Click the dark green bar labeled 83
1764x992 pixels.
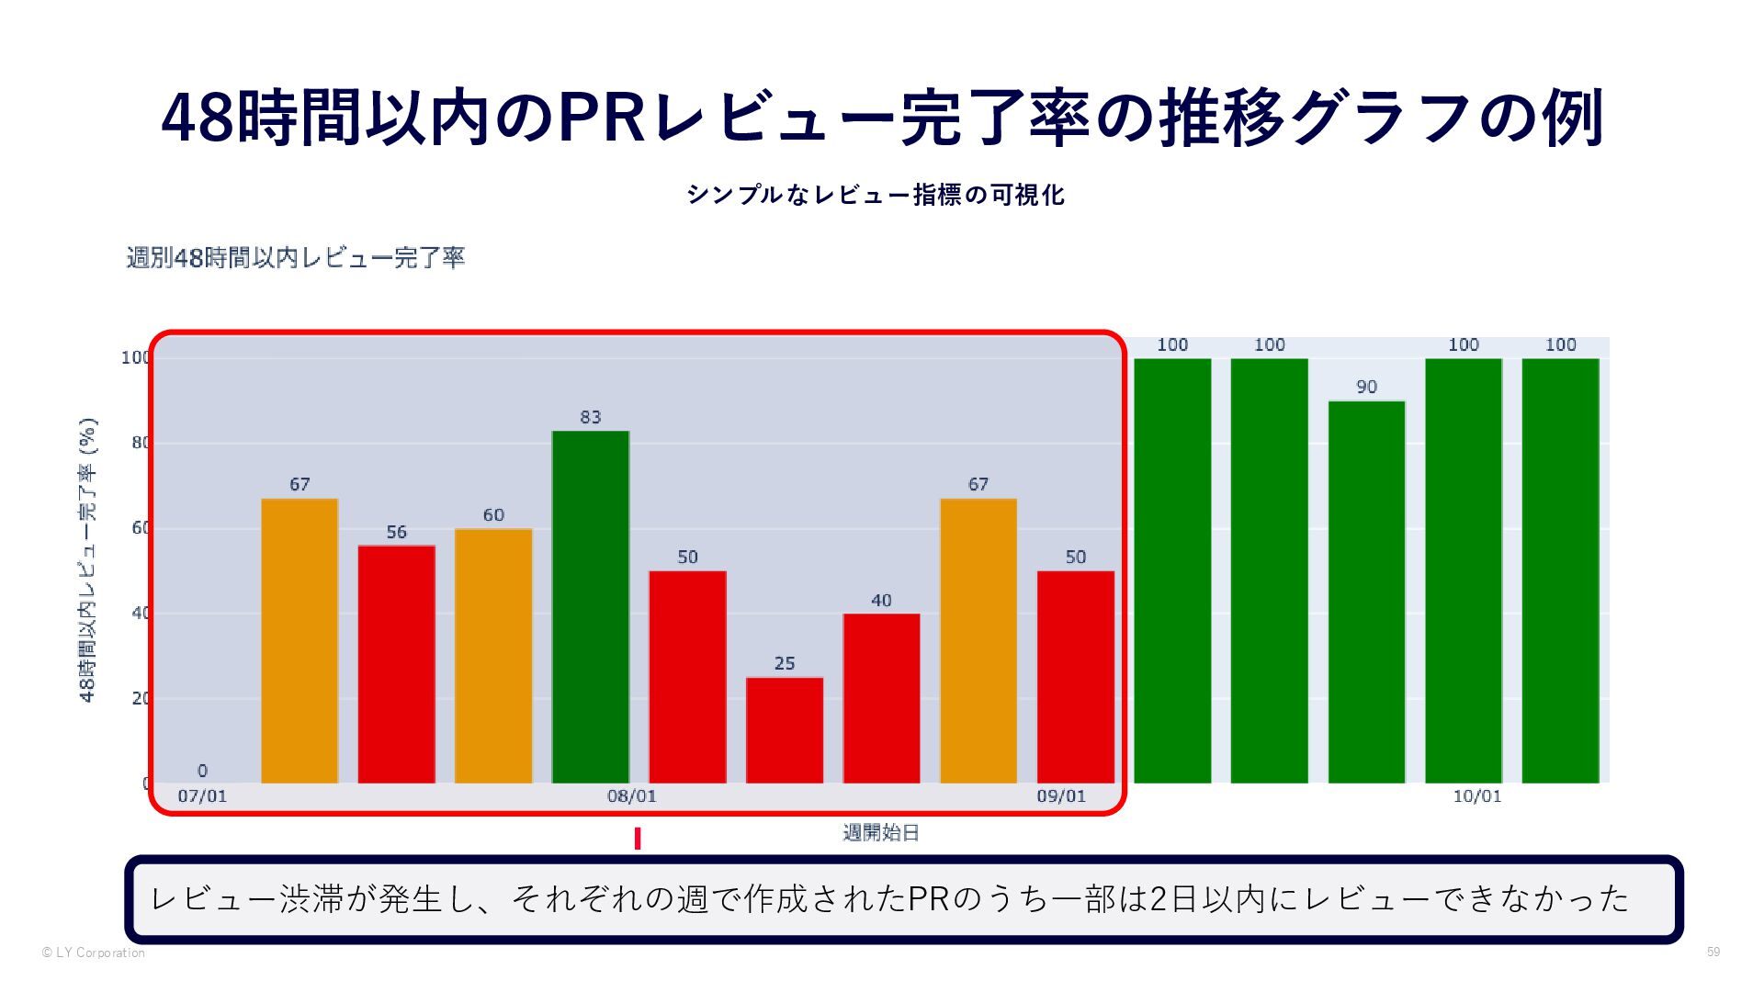pyautogui.click(x=590, y=606)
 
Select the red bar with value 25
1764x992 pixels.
pyautogui.click(x=784, y=730)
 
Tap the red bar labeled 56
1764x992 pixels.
pyautogui.click(x=396, y=664)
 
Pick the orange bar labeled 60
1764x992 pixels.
pyautogui.click(x=493, y=656)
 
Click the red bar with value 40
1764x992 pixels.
pyautogui.click(x=881, y=698)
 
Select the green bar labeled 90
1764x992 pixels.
pyautogui.click(x=1366, y=592)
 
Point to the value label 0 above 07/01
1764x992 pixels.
pyautogui.click(x=202, y=771)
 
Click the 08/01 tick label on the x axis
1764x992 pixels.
pyautogui.click(x=632, y=796)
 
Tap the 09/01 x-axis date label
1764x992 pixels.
pyautogui.click(x=1061, y=796)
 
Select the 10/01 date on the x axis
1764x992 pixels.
pyautogui.click(x=1476, y=796)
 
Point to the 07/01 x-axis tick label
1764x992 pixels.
pyautogui.click(x=202, y=796)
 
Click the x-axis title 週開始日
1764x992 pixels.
pyautogui.click(x=881, y=833)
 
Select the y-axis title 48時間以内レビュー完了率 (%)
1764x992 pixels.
pyautogui.click(x=88, y=560)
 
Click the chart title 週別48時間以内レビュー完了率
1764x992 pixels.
pyautogui.click(x=296, y=257)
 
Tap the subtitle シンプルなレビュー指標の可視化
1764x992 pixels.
pyautogui.click(x=876, y=195)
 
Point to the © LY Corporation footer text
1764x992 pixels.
pyautogui.click(x=93, y=953)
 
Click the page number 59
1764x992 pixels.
pyautogui.click(x=1713, y=952)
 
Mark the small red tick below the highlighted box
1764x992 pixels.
pyautogui.click(x=638, y=839)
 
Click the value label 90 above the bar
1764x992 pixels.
pyautogui.click(x=1366, y=387)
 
